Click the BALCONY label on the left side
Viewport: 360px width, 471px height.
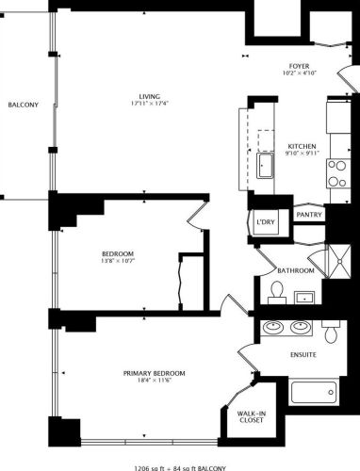(x=23, y=105)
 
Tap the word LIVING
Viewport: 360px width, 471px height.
(x=149, y=95)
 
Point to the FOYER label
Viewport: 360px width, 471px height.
(x=300, y=66)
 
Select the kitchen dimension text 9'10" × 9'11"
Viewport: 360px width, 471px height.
(x=303, y=154)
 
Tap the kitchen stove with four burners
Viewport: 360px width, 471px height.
(x=337, y=174)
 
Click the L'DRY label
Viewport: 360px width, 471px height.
(x=265, y=221)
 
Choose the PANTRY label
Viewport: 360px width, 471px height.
(x=309, y=215)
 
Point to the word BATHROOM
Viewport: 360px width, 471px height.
(x=294, y=271)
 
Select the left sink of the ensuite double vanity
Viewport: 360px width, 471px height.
(x=275, y=327)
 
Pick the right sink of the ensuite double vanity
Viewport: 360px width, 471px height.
(x=301, y=327)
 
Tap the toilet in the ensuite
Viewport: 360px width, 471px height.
(x=331, y=332)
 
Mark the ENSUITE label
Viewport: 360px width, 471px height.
(x=303, y=355)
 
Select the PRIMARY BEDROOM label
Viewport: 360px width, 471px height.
(x=154, y=373)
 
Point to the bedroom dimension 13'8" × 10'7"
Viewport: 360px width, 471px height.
(x=119, y=262)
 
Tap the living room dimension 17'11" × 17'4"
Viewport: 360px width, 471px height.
(x=149, y=104)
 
